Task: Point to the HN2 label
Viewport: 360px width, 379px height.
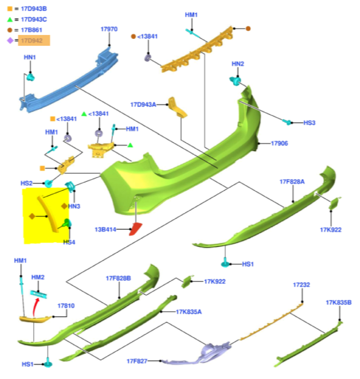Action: [x=238, y=64]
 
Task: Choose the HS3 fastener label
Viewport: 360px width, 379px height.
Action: [x=309, y=123]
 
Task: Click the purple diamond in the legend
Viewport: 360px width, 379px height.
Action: [x=10, y=41]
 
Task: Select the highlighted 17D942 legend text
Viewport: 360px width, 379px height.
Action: [x=34, y=41]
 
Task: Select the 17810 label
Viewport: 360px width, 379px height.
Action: [x=66, y=306]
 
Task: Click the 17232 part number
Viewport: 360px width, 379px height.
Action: [x=301, y=285]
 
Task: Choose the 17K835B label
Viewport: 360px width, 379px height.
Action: [x=338, y=302]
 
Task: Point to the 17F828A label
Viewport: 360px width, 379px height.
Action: [x=292, y=181]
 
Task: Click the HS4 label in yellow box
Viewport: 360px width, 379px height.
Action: [x=69, y=242]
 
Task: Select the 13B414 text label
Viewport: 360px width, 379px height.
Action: [x=105, y=229]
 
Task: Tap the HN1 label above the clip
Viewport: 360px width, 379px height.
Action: [x=30, y=57]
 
